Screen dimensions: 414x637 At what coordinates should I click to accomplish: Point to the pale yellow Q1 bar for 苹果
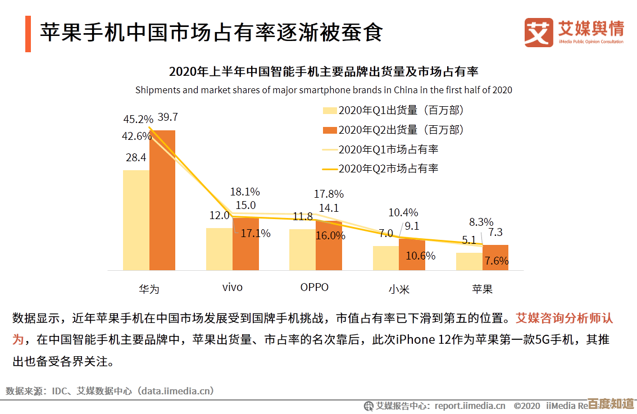(x=469, y=261)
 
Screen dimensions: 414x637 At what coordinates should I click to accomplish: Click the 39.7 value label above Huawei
(x=167, y=117)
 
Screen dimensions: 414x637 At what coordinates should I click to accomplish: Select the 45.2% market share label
(x=138, y=119)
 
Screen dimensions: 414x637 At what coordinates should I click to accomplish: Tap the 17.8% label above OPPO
(x=329, y=194)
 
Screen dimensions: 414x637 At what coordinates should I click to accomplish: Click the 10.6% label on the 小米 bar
(x=421, y=256)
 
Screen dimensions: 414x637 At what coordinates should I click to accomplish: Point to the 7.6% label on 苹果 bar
(x=497, y=261)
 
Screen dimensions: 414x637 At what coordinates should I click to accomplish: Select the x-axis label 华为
(x=149, y=289)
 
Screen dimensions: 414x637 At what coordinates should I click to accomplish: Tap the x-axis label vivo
(x=232, y=288)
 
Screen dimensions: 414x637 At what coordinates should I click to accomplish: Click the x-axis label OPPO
(x=314, y=287)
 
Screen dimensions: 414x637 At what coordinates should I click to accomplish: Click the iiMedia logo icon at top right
(x=539, y=32)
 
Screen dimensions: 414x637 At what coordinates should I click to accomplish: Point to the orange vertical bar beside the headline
(x=28, y=34)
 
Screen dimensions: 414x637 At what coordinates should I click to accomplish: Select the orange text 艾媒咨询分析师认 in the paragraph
(x=564, y=319)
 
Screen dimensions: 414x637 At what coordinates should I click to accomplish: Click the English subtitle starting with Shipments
(x=324, y=90)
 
